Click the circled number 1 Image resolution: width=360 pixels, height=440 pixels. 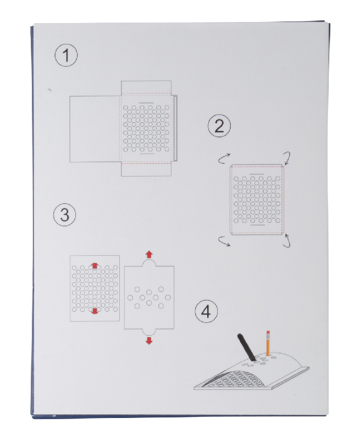[66, 55]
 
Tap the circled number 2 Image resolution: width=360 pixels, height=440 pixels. [219, 126]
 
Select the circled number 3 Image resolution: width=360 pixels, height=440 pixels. [64, 215]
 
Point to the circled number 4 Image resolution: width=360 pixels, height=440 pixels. [206, 311]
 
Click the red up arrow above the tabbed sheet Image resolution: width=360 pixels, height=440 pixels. [149, 255]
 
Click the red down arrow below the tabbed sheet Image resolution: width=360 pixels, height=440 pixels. [149, 341]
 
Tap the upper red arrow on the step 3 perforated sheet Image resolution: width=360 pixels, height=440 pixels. [95, 266]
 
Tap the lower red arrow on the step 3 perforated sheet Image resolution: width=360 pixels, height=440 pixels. [95, 311]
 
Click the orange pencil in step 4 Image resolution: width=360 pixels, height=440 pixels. [268, 343]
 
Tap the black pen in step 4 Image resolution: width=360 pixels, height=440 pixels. [246, 347]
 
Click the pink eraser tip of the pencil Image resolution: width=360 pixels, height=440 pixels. [268, 332]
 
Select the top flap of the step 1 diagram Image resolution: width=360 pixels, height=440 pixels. [146, 87]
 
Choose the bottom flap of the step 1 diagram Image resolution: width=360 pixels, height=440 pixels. [146, 169]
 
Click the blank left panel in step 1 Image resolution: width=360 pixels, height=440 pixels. [95, 129]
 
